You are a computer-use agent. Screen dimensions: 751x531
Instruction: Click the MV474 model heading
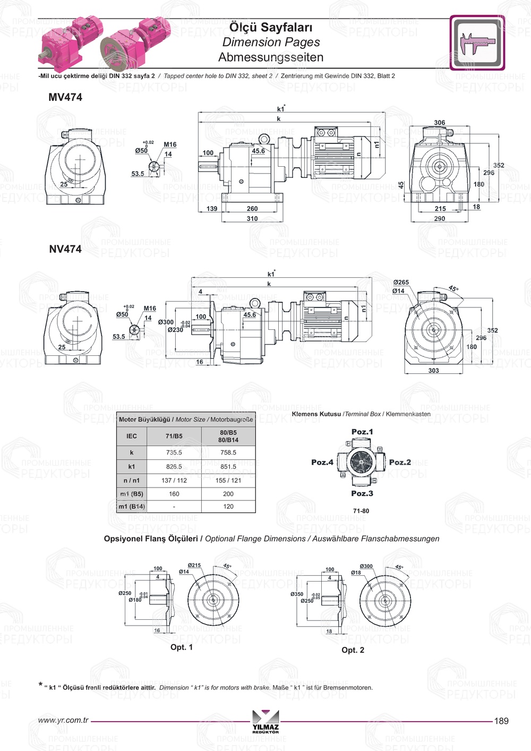(65, 97)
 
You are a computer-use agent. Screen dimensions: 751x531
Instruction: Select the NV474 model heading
(65, 249)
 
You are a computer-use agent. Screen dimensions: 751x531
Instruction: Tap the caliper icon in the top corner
(477, 43)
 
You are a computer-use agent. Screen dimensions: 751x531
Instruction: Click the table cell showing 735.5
(174, 453)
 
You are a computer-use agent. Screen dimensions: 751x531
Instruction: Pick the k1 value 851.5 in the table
(228, 467)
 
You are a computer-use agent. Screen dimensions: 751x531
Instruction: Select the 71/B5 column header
(174, 436)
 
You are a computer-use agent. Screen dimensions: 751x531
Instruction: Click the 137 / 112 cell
(174, 481)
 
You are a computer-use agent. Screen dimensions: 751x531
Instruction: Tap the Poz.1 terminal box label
(362, 432)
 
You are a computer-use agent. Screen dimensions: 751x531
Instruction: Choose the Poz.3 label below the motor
(362, 493)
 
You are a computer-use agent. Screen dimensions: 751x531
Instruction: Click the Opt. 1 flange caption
(182, 647)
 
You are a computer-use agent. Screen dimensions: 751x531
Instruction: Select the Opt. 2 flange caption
(353, 650)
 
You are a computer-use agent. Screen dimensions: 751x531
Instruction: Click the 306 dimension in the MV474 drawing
(440, 123)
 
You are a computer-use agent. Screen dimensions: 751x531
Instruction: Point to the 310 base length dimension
(252, 218)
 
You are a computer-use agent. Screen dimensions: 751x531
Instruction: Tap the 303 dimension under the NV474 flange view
(434, 371)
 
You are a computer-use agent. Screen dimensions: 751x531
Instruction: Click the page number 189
(501, 721)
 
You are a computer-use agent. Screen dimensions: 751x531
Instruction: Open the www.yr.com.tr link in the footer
(63, 721)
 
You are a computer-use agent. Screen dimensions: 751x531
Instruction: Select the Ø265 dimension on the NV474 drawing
(401, 283)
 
